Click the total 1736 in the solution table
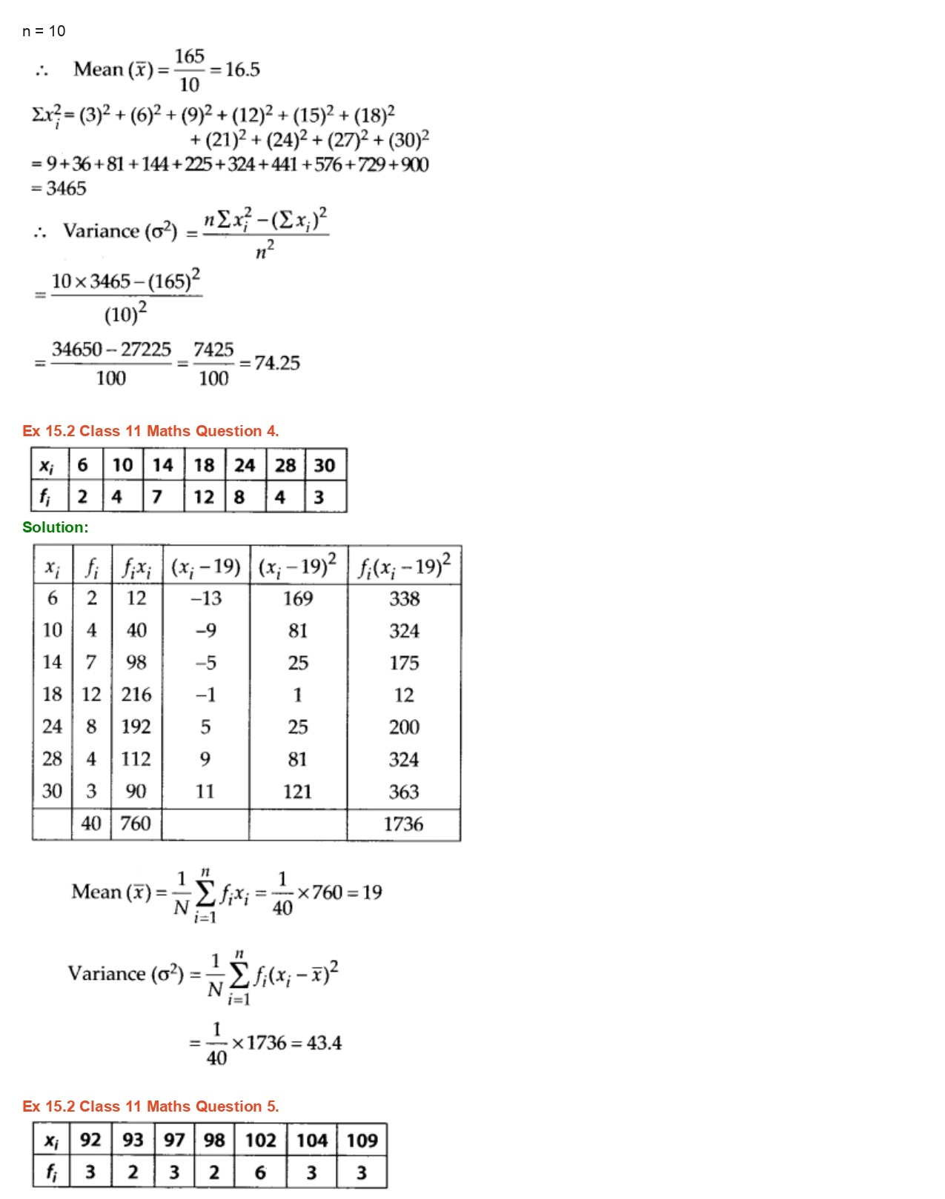(403, 824)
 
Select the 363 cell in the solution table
(404, 792)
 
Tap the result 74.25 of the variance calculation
(277, 363)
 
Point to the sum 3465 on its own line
(66, 189)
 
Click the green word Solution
(55, 527)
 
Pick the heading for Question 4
(150, 431)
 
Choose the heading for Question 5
(150, 1106)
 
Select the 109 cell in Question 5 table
(362, 1140)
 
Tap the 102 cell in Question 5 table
(260, 1140)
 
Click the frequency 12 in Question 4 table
(204, 497)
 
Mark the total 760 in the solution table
(136, 824)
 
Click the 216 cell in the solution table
(136, 695)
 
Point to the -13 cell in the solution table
(206, 598)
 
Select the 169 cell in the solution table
(298, 598)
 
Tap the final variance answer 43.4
(324, 1043)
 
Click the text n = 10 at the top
(44, 31)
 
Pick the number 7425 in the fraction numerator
(213, 350)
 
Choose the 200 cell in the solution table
(404, 727)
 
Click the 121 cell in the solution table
(297, 792)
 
